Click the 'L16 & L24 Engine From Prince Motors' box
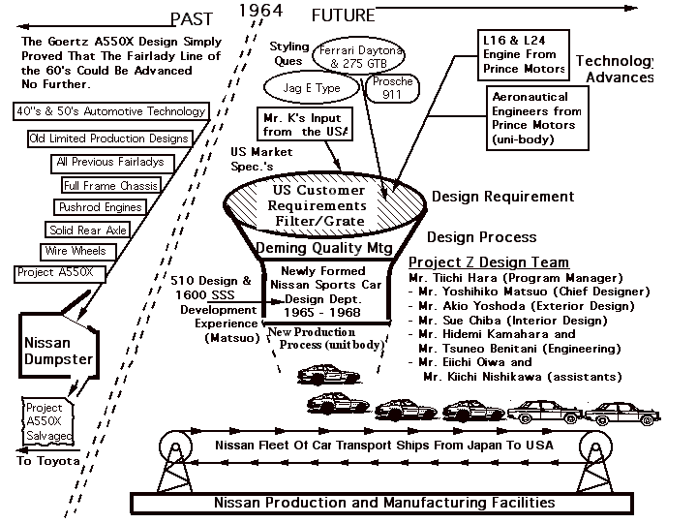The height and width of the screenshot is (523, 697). click(x=524, y=54)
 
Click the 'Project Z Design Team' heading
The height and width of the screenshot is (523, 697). click(x=488, y=262)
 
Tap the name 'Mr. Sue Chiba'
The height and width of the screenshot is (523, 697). click(x=465, y=321)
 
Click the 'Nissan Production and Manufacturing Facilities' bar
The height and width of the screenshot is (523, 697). click(x=384, y=503)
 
